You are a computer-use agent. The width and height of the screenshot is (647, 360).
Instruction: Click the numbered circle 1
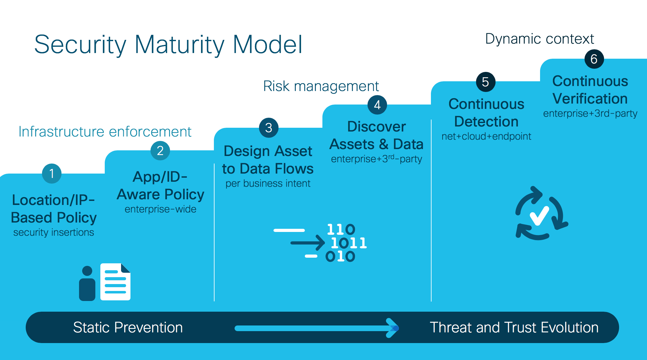tap(52, 174)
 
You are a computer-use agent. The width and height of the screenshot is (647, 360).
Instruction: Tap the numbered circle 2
tap(160, 151)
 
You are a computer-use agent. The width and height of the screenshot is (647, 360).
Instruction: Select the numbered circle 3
tap(268, 128)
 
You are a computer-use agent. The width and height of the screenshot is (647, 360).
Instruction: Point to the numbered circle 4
tap(377, 105)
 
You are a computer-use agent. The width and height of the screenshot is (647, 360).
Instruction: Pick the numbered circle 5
tap(485, 82)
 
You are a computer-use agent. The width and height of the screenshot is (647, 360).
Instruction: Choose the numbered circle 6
tap(594, 59)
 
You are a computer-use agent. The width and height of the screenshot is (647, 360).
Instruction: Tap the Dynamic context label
tap(539, 39)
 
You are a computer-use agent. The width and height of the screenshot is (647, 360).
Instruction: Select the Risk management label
tap(321, 86)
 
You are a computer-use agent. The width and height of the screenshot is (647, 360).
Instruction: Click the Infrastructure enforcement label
tap(105, 132)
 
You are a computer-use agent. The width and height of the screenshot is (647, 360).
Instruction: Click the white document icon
tap(115, 282)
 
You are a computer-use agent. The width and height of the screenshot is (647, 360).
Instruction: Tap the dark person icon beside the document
tap(87, 283)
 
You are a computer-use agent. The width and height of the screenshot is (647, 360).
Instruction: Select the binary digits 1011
tap(349, 243)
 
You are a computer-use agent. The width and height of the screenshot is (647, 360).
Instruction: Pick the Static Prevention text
tap(128, 327)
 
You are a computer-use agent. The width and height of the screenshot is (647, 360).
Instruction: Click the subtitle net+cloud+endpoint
tap(486, 136)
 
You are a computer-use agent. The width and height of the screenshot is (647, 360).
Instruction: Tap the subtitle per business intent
tap(268, 183)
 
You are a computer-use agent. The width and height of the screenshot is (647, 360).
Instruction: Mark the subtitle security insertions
tap(54, 232)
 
